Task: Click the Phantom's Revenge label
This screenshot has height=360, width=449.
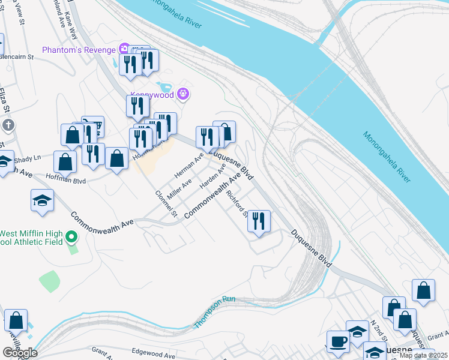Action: (x=79, y=49)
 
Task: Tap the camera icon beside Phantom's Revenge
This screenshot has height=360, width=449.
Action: (x=124, y=48)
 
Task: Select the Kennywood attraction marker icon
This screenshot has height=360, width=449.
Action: (x=184, y=94)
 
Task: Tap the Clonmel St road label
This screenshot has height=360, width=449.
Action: (x=167, y=203)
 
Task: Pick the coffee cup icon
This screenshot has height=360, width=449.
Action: (x=337, y=341)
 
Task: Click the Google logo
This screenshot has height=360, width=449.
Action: (x=20, y=353)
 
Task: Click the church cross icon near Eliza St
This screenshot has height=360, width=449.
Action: (x=8, y=125)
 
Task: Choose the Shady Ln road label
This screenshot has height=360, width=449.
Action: (x=28, y=157)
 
